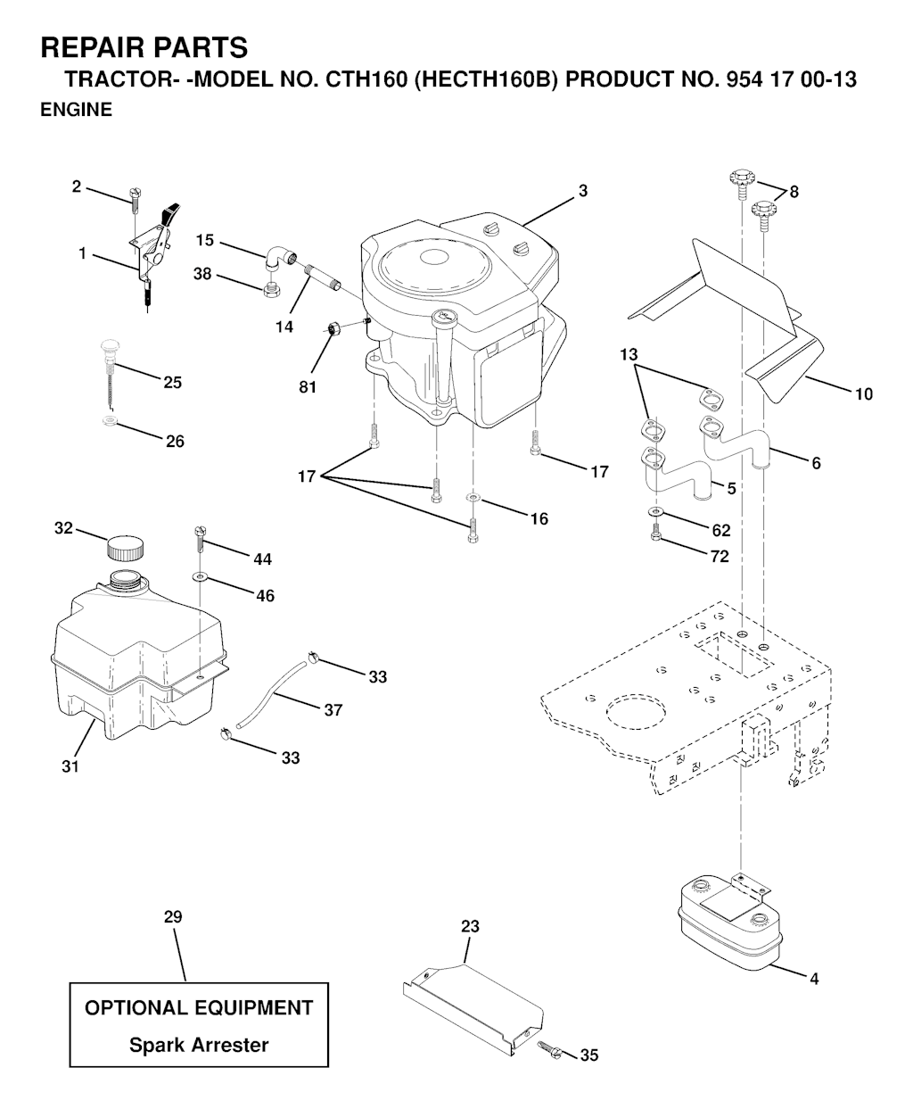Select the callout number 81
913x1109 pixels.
click(x=308, y=387)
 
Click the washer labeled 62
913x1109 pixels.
click(x=656, y=511)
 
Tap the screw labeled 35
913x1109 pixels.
click(x=548, y=1051)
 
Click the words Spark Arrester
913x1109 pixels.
click(x=199, y=1045)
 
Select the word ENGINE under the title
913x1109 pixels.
click(x=77, y=111)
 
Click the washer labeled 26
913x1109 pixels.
click(x=110, y=419)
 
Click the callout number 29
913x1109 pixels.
click(x=173, y=916)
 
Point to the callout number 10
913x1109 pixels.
click(x=863, y=393)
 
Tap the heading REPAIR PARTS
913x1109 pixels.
click(x=144, y=46)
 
